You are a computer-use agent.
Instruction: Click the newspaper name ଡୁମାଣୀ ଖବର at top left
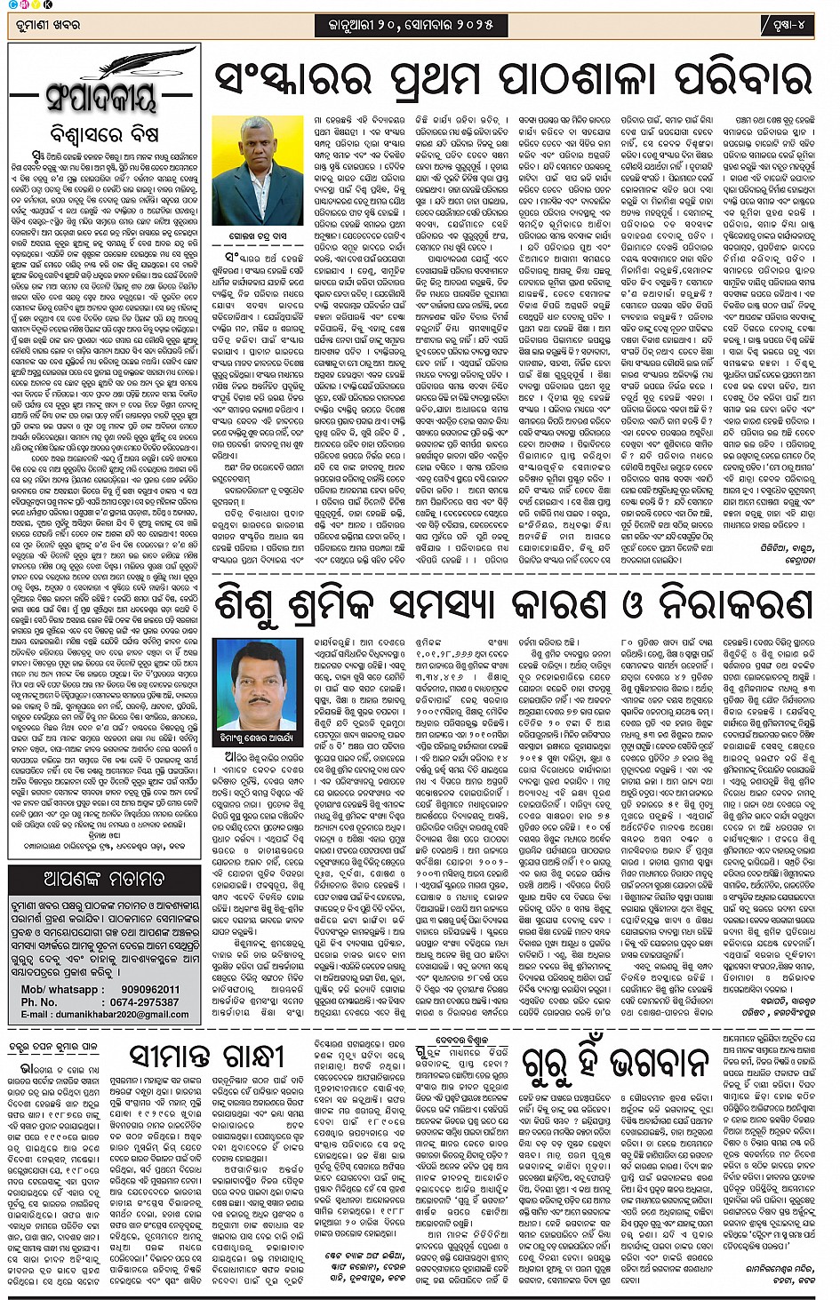point(45,26)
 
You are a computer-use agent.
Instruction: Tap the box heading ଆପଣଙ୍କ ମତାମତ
point(103,880)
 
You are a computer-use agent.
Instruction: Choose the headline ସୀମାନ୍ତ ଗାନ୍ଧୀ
point(205,1057)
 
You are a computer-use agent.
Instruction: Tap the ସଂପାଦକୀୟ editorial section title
point(102,96)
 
